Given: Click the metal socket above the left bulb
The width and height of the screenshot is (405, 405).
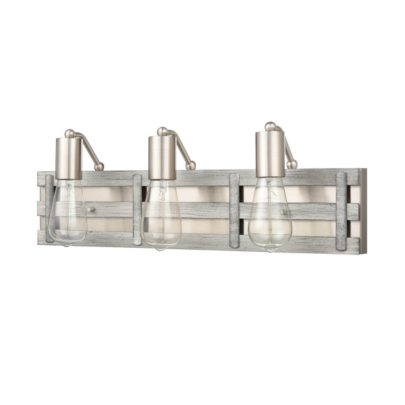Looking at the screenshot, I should click(x=68, y=158).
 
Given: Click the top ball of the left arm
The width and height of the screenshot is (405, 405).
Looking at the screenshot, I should click(x=69, y=133).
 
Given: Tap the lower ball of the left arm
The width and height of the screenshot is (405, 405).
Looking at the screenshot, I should click(x=99, y=166).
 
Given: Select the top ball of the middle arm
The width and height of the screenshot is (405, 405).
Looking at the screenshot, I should click(x=162, y=131).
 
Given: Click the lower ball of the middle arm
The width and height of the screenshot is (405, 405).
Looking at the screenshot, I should click(x=191, y=165).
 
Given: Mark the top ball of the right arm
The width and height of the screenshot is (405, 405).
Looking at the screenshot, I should click(x=270, y=126).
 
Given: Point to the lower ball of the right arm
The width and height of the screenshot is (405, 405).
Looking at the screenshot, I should click(x=292, y=164).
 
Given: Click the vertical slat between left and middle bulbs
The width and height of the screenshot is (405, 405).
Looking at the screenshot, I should click(x=137, y=209).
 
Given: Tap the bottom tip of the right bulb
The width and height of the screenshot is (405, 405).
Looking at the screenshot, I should click(x=270, y=250).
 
